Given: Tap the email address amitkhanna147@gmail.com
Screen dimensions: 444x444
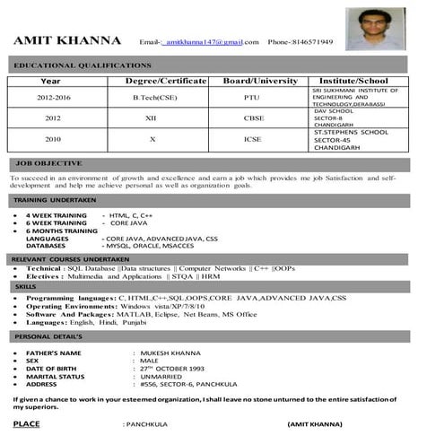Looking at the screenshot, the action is tap(205, 43).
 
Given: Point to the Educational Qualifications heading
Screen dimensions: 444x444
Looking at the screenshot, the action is tap(83, 65).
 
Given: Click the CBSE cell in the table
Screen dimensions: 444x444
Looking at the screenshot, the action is tap(254, 118).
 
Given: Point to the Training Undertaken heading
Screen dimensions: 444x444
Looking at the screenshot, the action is tap(56, 199).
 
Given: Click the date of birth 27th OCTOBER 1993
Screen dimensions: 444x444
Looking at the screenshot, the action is tap(172, 369).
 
